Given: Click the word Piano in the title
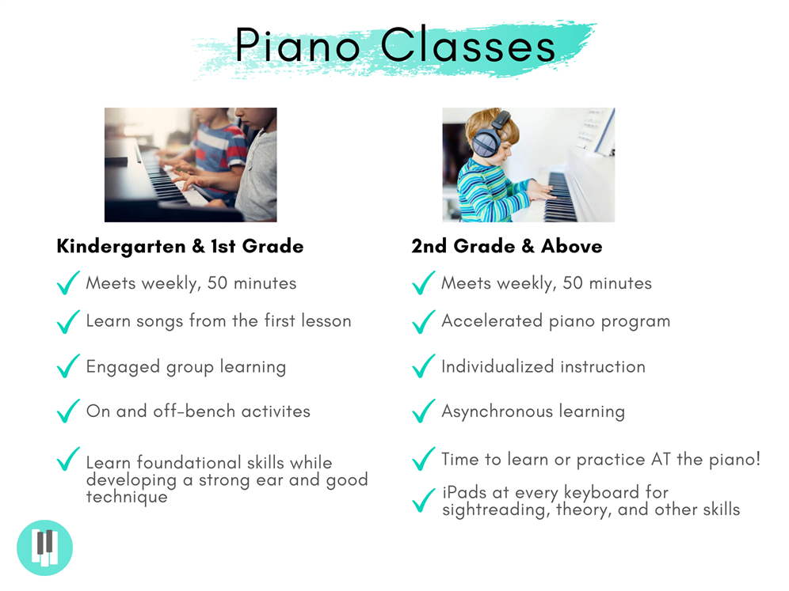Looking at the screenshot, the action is pyautogui.click(x=298, y=46).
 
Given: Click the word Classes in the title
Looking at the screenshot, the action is pyautogui.click(x=468, y=45).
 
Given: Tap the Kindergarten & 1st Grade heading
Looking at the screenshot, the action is pyautogui.click(x=180, y=246).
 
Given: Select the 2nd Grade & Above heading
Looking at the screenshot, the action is pyautogui.click(x=507, y=246).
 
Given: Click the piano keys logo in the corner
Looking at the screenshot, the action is pyautogui.click(x=45, y=547).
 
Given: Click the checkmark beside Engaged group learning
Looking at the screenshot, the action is pyautogui.click(x=68, y=366).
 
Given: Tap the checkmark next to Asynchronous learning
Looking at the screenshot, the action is pyautogui.click(x=423, y=411).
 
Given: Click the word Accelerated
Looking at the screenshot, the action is pyautogui.click(x=492, y=320).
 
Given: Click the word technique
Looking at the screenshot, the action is pyautogui.click(x=127, y=497).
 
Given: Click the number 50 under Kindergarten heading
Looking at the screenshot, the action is pyautogui.click(x=217, y=283).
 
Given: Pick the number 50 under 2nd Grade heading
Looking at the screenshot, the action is pyautogui.click(x=573, y=283).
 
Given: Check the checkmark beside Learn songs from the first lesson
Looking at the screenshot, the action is pyautogui.click(x=68, y=322).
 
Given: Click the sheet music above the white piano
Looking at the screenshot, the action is pyautogui.click(x=596, y=131).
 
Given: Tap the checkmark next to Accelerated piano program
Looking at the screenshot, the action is pyautogui.click(x=423, y=322).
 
